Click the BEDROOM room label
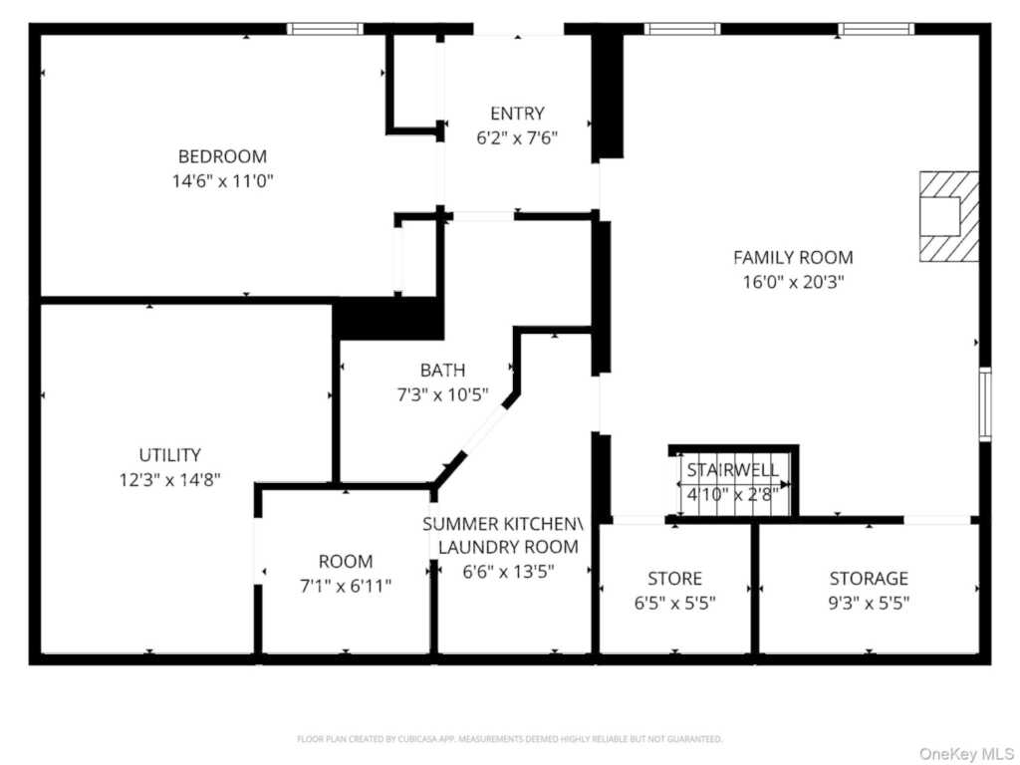pyautogui.click(x=222, y=156)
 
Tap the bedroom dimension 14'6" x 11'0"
pyautogui.click(x=222, y=180)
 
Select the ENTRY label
pyautogui.click(x=517, y=114)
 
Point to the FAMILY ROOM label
pyautogui.click(x=793, y=258)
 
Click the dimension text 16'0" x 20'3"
pyautogui.click(x=793, y=282)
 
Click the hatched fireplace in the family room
pyautogui.click(x=949, y=216)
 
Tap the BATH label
pyautogui.click(x=442, y=371)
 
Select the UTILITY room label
pyautogui.click(x=169, y=454)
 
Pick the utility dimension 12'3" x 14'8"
pyautogui.click(x=169, y=479)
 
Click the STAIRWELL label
pyautogui.click(x=732, y=470)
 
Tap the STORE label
pyautogui.click(x=674, y=578)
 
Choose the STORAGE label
pyautogui.click(x=869, y=578)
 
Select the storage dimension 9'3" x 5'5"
pyautogui.click(x=869, y=603)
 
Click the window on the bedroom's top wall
pyautogui.click(x=326, y=29)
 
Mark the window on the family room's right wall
pyautogui.click(x=985, y=404)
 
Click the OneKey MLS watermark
pyautogui.click(x=966, y=753)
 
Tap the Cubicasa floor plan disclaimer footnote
pyautogui.click(x=509, y=739)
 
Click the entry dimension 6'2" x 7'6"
pyautogui.click(x=517, y=137)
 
